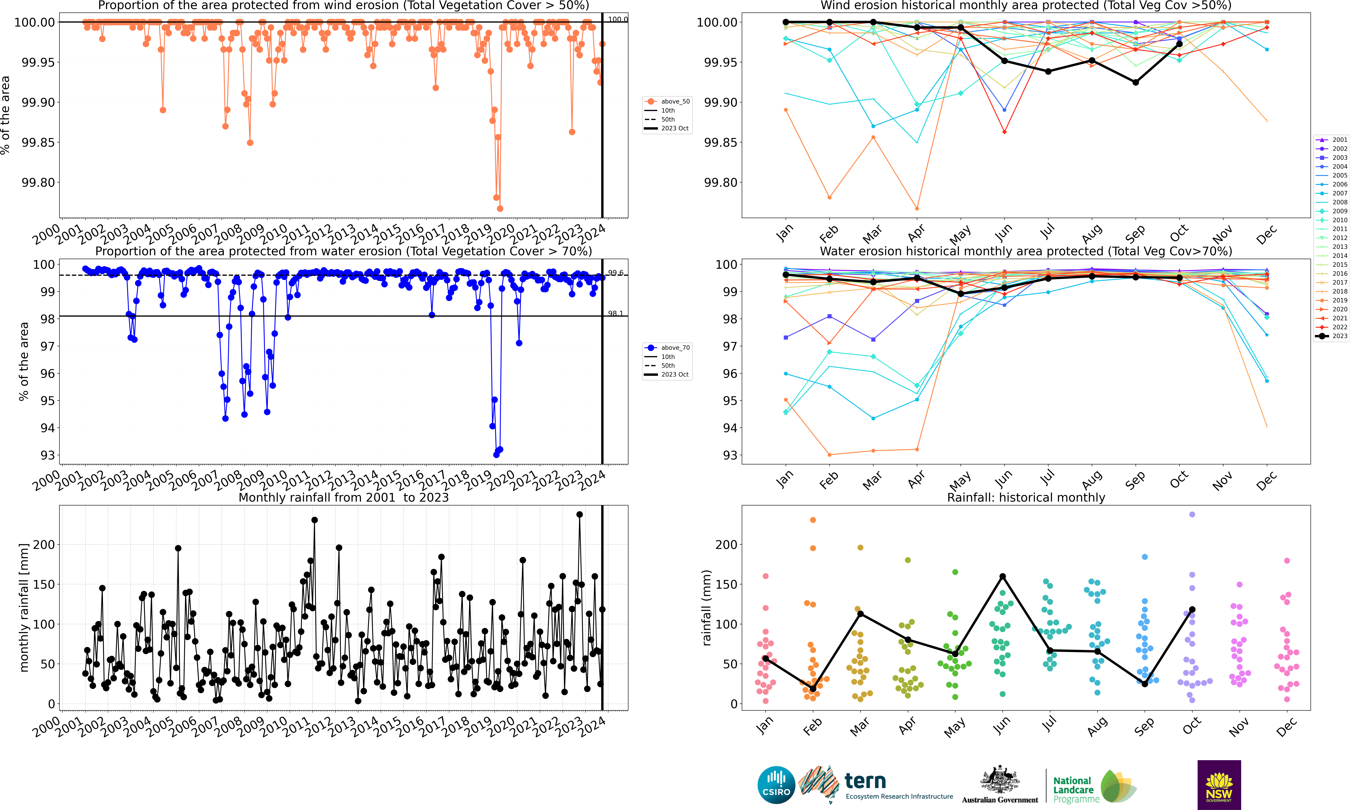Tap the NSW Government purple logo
tap(1219, 784)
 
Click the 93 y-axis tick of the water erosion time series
tap(47, 455)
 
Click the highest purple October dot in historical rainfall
tap(1192, 515)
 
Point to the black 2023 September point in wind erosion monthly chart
tap(1135, 82)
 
